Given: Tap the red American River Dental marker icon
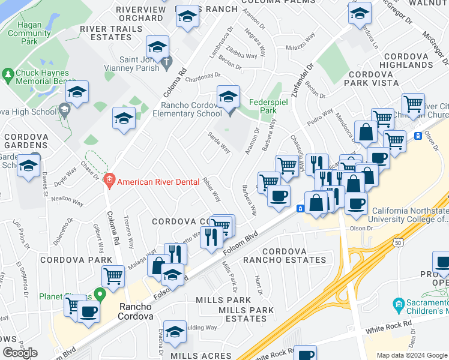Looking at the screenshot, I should point(109,179).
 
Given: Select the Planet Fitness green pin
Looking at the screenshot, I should point(100,294).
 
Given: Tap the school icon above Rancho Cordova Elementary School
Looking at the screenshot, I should point(228,97).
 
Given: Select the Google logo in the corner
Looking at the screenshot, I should point(20,353).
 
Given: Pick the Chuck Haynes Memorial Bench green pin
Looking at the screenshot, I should point(8,74).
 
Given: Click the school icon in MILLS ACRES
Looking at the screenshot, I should point(175,332).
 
